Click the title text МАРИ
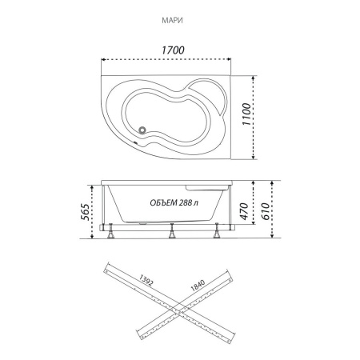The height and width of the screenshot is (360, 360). pos(172,21)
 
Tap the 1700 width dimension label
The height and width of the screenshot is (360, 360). pos(173,50)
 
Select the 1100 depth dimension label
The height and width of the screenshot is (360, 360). pos(246,114)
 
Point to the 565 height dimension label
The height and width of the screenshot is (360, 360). pos(85,212)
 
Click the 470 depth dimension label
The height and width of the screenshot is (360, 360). pos(244,211)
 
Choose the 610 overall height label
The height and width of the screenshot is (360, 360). pos(265,211)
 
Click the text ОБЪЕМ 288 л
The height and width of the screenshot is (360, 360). pos(174,203)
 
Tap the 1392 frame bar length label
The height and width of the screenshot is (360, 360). pos(146,280)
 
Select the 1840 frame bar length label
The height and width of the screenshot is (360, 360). pos(198,285)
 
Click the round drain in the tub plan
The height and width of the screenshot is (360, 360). pos(142,130)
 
